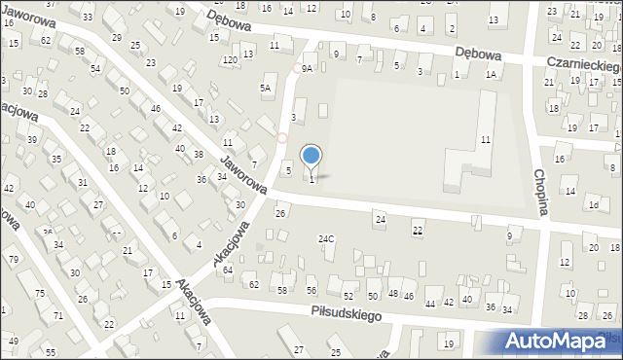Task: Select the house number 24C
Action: tap(326, 238)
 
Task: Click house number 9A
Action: tap(307, 68)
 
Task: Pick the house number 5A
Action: tap(264, 89)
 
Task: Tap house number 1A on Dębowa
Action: tap(492, 75)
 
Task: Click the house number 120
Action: tap(230, 60)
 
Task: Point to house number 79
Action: tap(13, 259)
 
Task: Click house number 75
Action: tap(39, 293)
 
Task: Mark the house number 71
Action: tap(58, 315)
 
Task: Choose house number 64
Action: tap(227, 270)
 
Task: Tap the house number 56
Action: tap(311, 291)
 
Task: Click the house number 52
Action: tap(347, 296)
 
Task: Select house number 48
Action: tap(393, 293)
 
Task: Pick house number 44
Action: tap(430, 304)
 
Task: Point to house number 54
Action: tap(95, 69)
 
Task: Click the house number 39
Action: tap(32, 140)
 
